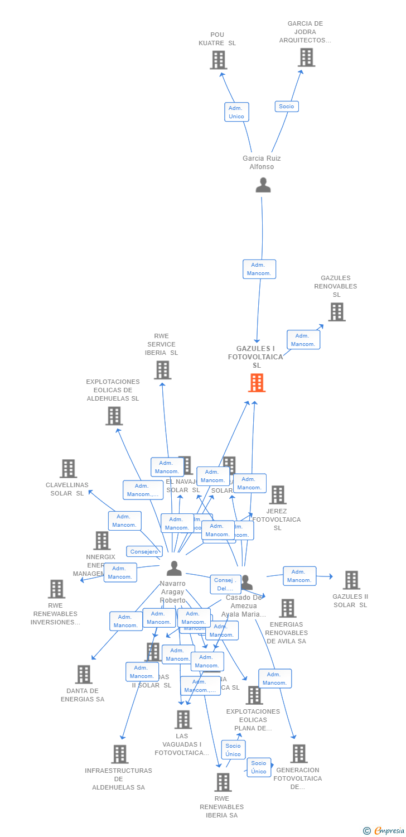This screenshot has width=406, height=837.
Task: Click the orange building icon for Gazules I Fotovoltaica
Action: click(x=257, y=383)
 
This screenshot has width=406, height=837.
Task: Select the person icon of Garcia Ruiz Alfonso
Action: click(x=263, y=185)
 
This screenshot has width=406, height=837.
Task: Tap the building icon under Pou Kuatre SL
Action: click(x=219, y=60)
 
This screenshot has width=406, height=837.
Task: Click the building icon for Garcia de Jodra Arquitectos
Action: click(x=306, y=57)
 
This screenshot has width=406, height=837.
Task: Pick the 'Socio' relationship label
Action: click(x=287, y=107)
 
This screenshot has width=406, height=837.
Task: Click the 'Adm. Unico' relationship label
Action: click(x=236, y=112)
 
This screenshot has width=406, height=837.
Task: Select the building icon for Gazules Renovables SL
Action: click(x=337, y=312)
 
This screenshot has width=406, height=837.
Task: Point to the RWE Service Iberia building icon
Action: click(x=162, y=370)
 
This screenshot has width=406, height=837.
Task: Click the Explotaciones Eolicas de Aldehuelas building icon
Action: click(x=114, y=416)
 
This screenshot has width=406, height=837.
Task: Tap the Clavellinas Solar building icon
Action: click(x=69, y=469)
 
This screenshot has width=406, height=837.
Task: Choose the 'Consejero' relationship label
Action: click(x=144, y=551)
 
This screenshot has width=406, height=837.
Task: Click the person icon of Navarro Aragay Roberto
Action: click(x=174, y=569)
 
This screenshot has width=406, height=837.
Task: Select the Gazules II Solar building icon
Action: click(x=351, y=580)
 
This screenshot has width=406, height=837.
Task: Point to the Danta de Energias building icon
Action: click(x=83, y=675)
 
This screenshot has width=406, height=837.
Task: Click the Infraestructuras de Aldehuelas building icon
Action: click(x=119, y=754)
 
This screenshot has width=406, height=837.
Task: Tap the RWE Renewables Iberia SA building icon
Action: click(x=223, y=782)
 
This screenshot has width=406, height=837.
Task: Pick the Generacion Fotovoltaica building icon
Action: click(x=298, y=754)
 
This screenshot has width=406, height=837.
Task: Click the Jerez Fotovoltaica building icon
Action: click(x=277, y=494)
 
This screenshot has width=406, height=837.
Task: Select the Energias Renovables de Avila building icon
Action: click(x=287, y=608)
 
